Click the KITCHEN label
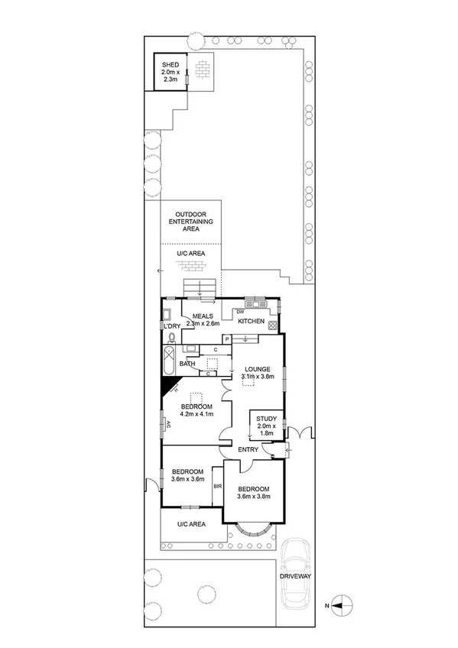[251, 322]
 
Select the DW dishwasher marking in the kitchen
[240, 311]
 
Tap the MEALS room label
[202, 316]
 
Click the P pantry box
[227, 339]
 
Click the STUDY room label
[266, 418]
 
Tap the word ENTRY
[248, 449]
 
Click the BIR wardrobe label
[217, 485]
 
